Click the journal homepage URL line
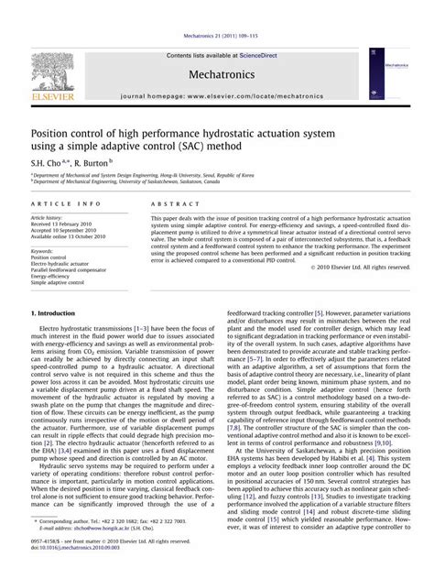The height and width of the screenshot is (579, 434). (x=217, y=95)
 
